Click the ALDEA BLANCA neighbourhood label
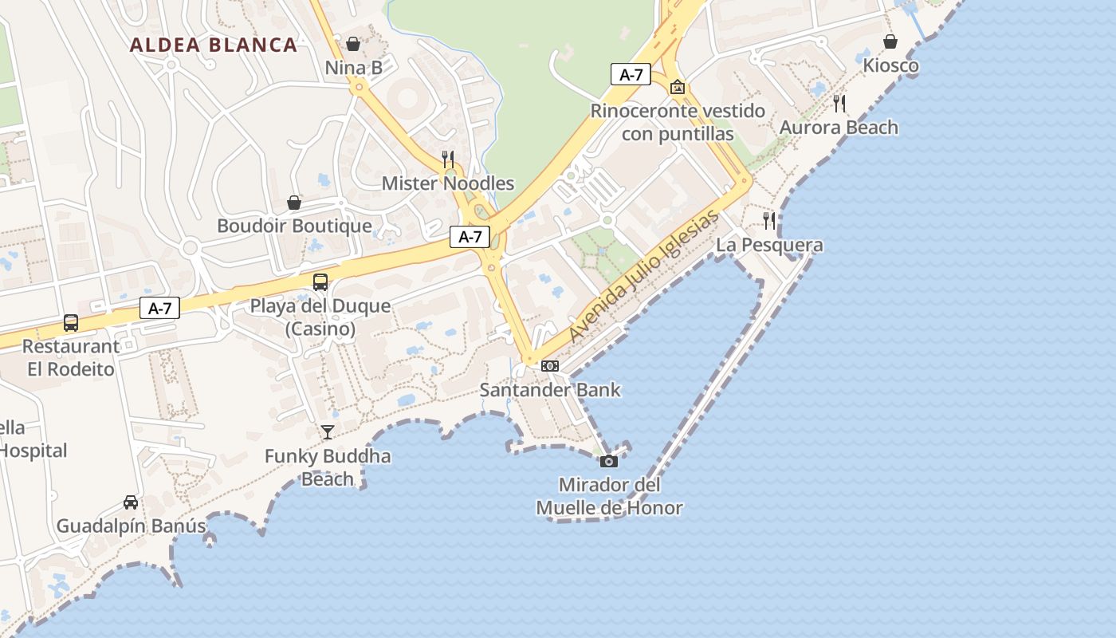click(x=214, y=45)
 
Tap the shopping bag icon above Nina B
click(x=353, y=44)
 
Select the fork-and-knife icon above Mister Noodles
click(x=448, y=159)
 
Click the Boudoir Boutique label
click(x=294, y=226)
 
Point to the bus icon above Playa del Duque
click(x=320, y=282)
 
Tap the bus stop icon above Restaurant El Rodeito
click(x=71, y=323)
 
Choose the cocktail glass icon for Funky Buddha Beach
click(x=327, y=432)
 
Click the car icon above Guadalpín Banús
click(x=131, y=502)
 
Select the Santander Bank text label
click(x=550, y=390)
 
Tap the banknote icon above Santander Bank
click(x=550, y=366)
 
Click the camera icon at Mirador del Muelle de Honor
click(x=609, y=461)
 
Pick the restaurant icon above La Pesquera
click(x=769, y=221)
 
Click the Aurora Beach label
click(x=839, y=128)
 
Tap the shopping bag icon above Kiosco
click(x=890, y=41)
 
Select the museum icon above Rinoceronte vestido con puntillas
click(x=678, y=87)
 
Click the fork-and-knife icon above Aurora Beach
click(x=839, y=103)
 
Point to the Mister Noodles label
click(x=448, y=183)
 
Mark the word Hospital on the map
click(x=33, y=451)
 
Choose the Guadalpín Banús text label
click(x=131, y=526)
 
